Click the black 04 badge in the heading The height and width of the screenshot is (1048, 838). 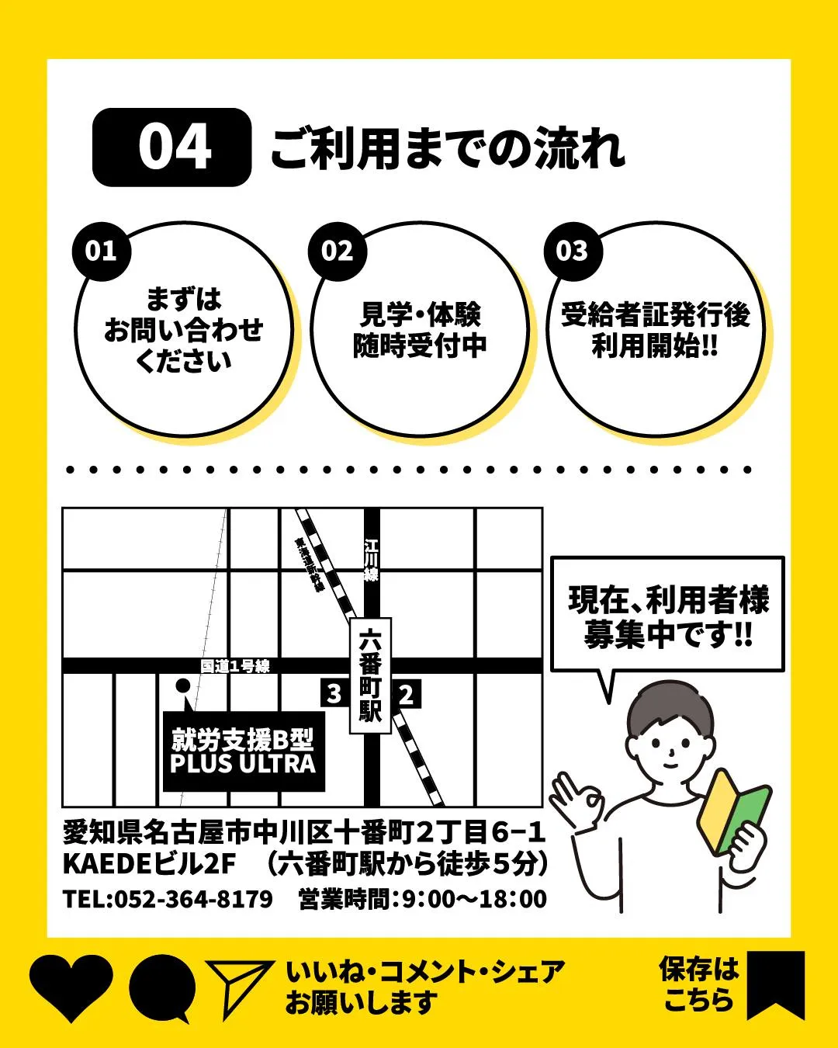click(172, 147)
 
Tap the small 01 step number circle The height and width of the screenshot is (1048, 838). click(101, 251)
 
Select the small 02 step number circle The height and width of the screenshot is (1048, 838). click(338, 251)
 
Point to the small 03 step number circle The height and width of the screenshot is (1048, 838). click(573, 251)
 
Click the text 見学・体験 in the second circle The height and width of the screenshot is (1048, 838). click(420, 314)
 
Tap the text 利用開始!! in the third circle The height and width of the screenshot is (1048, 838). click(655, 345)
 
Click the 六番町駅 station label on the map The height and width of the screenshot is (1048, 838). click(371, 675)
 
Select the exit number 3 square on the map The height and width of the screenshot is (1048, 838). click(334, 693)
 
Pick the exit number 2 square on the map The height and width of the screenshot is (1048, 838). click(406, 693)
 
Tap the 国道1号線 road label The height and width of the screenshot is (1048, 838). click(235, 666)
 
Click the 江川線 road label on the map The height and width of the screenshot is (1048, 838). click(372, 560)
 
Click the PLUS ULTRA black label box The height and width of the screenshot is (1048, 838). click(243, 751)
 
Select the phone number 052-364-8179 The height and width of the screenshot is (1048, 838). click(193, 899)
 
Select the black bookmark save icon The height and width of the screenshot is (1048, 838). click(775, 984)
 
